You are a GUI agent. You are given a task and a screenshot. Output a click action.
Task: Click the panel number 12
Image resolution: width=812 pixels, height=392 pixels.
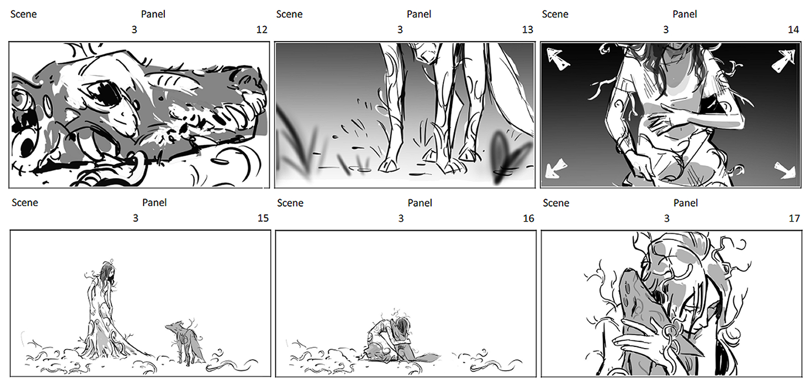point(262,30)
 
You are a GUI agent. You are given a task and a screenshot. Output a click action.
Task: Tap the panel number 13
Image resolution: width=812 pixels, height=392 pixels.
point(528,30)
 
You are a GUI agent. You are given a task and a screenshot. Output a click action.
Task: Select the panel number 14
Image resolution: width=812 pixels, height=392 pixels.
point(793,30)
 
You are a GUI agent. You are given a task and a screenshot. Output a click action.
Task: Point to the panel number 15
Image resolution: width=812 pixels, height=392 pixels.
point(263,218)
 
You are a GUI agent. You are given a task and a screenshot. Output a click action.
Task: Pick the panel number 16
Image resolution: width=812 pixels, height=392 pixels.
point(529,219)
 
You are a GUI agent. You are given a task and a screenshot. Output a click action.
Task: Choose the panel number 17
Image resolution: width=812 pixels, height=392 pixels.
point(794,219)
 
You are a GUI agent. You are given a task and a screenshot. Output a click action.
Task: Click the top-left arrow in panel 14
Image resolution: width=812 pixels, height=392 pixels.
point(557,59)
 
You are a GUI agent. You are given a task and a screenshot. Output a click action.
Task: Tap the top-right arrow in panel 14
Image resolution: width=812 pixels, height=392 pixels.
point(784,61)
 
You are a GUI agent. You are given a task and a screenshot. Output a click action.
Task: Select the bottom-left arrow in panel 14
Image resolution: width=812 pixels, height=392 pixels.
point(555,169)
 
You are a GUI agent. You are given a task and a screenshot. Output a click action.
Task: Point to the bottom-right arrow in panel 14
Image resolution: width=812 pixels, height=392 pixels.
point(785,170)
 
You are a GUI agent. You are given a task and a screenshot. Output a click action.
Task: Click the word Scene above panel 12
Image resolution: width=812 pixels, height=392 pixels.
point(24,14)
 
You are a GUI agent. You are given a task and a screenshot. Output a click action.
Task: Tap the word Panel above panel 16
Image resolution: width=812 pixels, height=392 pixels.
point(420,203)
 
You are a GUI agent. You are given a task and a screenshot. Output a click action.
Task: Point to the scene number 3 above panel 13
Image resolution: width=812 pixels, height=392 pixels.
point(400,30)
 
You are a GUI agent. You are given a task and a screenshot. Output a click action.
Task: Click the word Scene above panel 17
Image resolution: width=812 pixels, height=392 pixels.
point(556,203)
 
